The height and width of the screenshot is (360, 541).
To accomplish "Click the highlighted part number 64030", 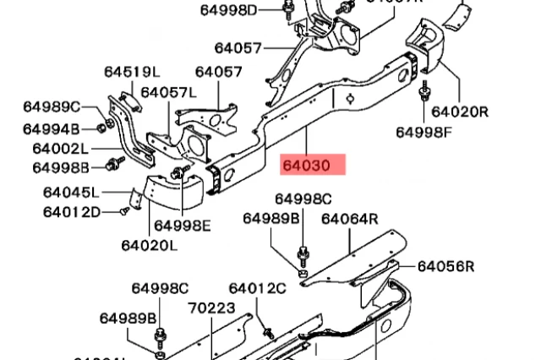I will (x=313, y=164).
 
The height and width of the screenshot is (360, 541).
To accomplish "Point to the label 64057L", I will (x=168, y=92).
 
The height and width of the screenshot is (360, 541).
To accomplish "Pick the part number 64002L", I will (x=61, y=148).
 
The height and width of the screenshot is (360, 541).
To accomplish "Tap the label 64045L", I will (x=71, y=191).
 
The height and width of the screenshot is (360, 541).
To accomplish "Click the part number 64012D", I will (x=72, y=210).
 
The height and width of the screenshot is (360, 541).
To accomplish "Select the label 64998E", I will (x=183, y=225).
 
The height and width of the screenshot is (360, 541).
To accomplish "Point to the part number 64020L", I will (x=149, y=246).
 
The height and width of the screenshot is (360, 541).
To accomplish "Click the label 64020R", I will (x=461, y=111).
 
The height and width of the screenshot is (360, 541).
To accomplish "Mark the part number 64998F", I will (x=425, y=132).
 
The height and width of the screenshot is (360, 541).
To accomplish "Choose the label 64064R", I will (x=349, y=219).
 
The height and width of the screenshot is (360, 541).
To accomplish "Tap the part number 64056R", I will (x=445, y=266).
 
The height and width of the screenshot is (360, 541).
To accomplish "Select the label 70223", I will (x=211, y=308).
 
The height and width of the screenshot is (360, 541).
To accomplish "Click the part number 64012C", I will (x=257, y=289).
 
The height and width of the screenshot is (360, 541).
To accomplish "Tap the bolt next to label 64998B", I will (x=112, y=163).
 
